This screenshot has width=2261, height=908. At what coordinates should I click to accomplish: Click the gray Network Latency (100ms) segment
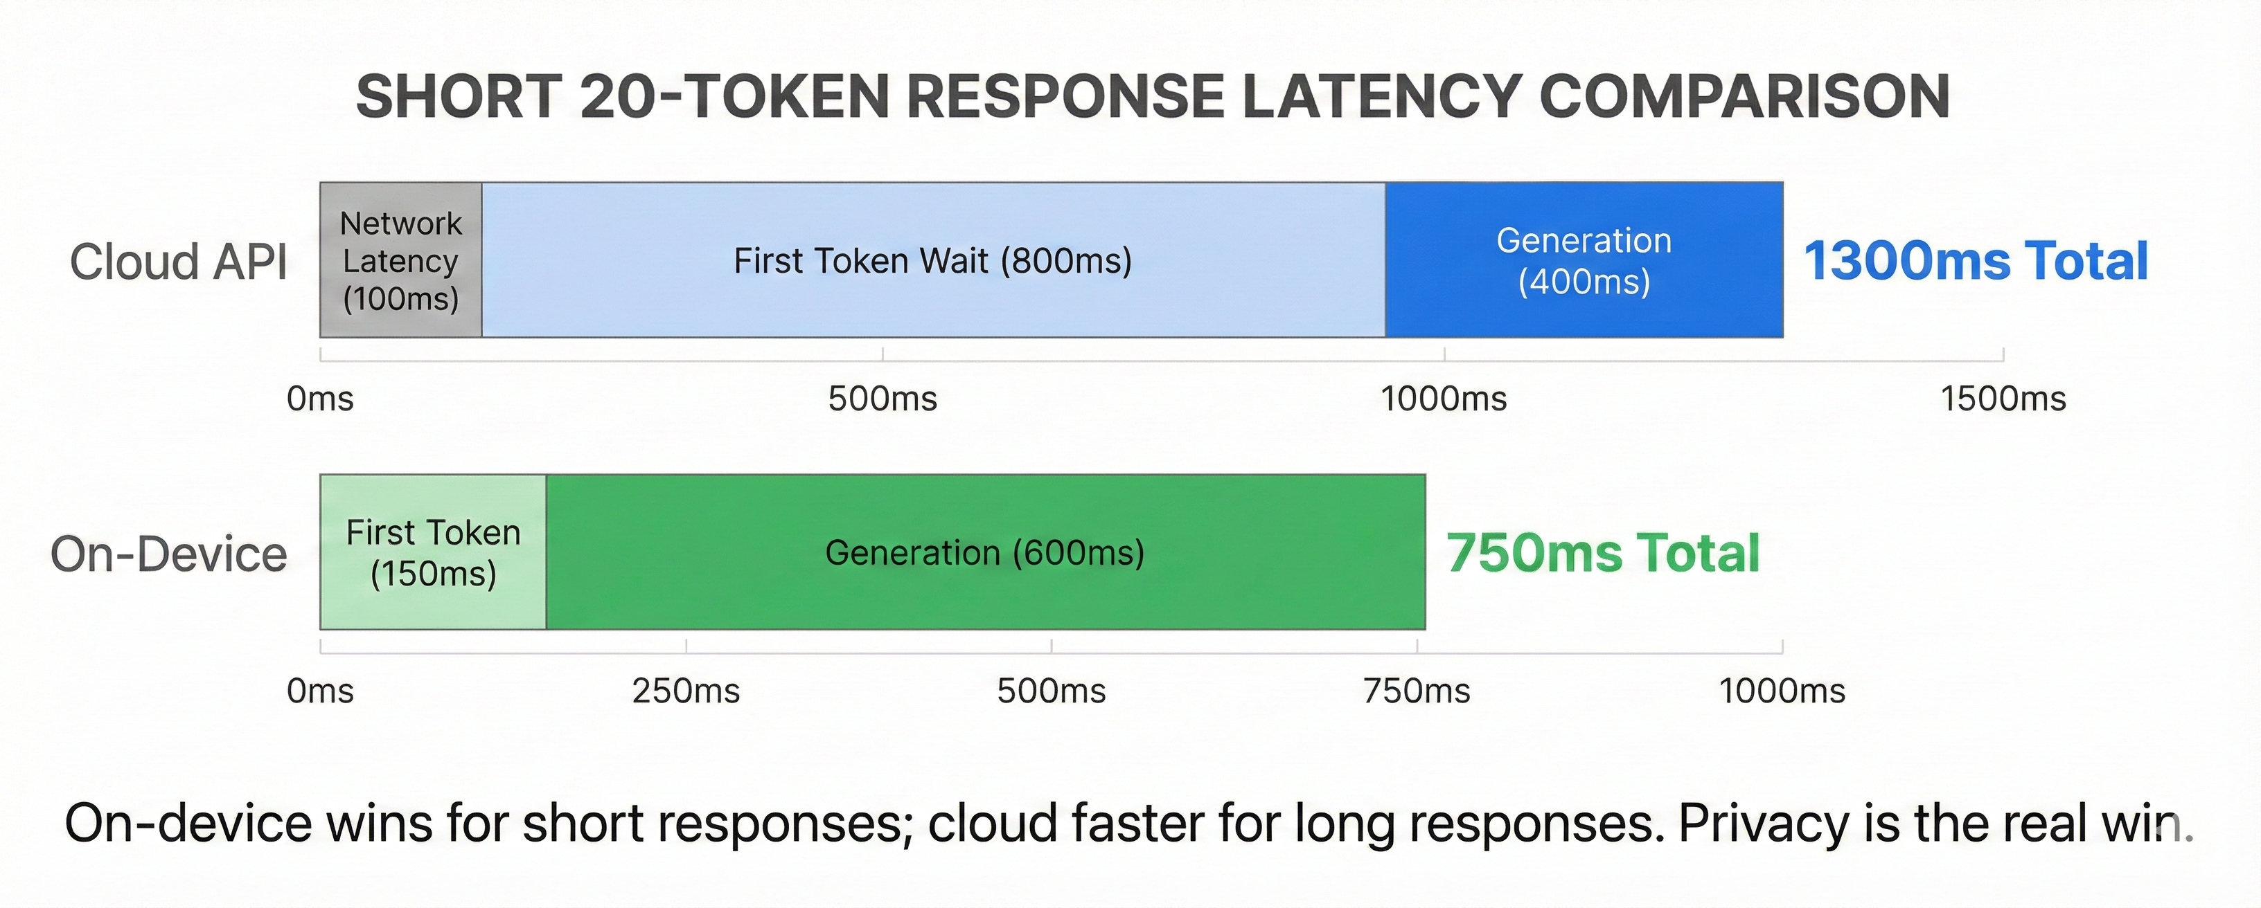(x=400, y=260)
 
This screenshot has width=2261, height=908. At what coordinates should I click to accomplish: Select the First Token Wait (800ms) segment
(x=933, y=260)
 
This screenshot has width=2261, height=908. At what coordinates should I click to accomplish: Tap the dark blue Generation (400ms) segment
(x=1584, y=260)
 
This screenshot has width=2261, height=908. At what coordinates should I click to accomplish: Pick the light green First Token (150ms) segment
(x=433, y=553)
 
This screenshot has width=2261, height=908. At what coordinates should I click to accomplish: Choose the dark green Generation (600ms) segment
(x=985, y=553)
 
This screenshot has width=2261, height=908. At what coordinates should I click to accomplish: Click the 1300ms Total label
(x=1976, y=262)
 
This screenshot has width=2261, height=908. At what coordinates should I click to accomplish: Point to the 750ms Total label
(x=1603, y=554)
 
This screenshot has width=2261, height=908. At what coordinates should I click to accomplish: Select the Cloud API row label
(x=178, y=262)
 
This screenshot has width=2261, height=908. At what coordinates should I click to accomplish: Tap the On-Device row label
(x=168, y=554)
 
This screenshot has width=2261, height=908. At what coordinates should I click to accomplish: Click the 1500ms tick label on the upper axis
(x=2003, y=399)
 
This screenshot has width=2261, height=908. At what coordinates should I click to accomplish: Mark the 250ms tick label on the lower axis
(x=686, y=691)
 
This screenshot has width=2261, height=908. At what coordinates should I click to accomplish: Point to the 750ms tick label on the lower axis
(x=1417, y=691)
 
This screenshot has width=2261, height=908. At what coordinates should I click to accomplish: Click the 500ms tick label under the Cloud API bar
(x=882, y=399)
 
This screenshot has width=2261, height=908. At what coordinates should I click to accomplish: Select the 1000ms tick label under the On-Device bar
(x=1782, y=691)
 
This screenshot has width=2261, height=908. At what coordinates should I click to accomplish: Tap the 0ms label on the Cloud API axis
(x=320, y=399)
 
